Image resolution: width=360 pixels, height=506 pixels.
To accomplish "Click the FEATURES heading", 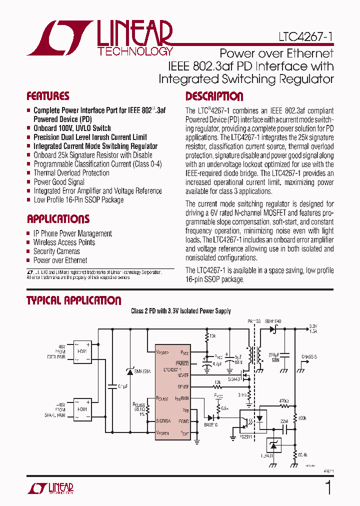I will tap(48, 96).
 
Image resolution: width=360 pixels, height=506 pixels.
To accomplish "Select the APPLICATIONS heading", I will tap(58, 219).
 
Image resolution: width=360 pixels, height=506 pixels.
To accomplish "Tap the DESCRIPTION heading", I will tap(214, 96).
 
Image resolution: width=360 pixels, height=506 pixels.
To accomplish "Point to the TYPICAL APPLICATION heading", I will tap(73, 300).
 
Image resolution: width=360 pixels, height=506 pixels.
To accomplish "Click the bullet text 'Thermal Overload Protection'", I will tap(71, 173).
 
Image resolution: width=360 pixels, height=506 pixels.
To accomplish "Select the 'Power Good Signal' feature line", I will tap(59, 182).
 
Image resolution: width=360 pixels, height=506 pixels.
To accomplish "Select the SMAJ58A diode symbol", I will tap(130, 371).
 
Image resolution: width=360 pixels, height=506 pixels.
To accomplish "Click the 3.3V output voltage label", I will tap(313, 325).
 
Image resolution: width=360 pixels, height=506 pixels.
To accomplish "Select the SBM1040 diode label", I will tap(273, 321).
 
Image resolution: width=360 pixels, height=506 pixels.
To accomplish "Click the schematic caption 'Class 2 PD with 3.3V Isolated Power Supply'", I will tap(181, 311).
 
